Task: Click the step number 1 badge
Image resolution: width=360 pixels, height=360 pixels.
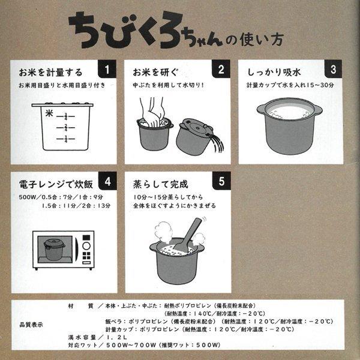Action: (x=106, y=70)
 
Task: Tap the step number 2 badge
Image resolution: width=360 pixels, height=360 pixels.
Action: (x=221, y=70)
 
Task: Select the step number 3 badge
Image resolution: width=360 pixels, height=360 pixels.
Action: (x=334, y=70)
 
